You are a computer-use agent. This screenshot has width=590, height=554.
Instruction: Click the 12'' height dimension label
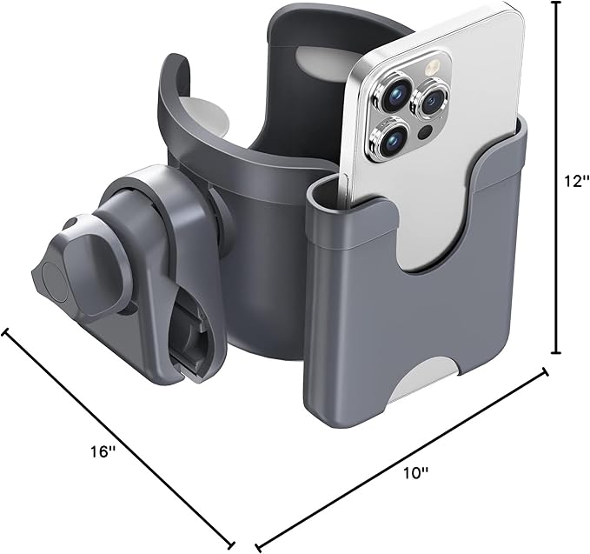[573, 183]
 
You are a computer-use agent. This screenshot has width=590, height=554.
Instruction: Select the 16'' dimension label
[102, 451]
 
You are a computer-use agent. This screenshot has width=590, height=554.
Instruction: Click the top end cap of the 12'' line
[557, 3]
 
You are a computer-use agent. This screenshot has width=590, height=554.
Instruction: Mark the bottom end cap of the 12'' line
[557, 352]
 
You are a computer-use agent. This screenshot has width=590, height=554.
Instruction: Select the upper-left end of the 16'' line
[8, 331]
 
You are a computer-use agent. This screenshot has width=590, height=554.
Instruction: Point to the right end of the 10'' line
[546, 371]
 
